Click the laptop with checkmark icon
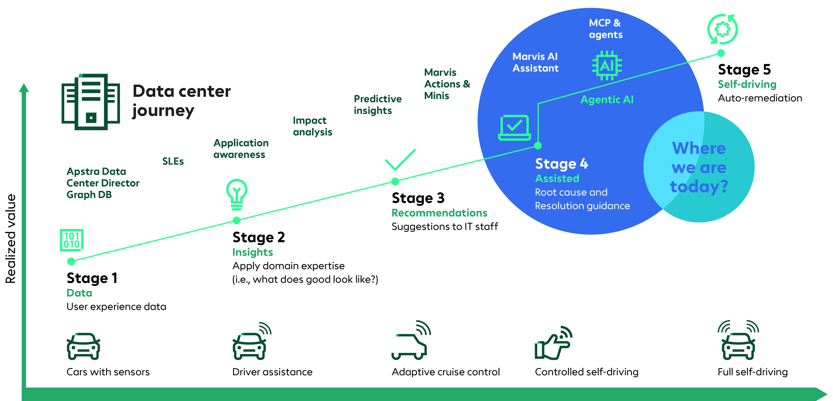point(514,128)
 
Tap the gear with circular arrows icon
point(722,29)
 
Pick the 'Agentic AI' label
point(607,100)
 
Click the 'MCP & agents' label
point(605,29)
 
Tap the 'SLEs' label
point(173,161)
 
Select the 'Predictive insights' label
point(377,104)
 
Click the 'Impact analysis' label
point(312,126)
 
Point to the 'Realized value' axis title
point(11,239)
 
